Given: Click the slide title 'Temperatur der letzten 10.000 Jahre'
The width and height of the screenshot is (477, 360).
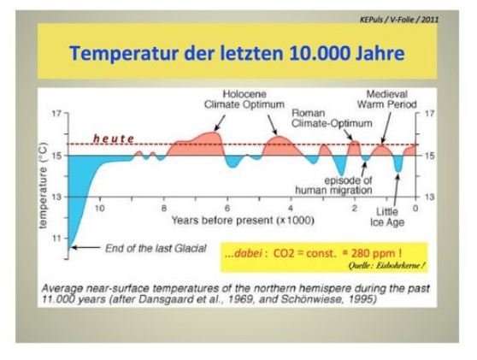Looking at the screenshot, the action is pos(237,53).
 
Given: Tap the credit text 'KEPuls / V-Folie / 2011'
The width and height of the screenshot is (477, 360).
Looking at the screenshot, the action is pos(399,20).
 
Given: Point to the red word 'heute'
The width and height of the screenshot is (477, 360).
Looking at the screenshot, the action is pos(113,139).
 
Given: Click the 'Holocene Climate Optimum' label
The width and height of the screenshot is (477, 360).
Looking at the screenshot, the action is pos(244,99).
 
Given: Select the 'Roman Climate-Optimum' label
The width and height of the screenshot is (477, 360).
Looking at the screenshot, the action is pos(332,118).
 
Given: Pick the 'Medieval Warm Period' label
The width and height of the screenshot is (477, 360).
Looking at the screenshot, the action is pos(386,99).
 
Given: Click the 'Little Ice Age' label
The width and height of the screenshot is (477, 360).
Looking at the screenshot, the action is pos(387,216).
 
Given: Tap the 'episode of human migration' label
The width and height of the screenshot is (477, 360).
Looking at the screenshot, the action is pos(333,186).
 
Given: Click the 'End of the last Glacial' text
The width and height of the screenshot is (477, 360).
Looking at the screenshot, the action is pos(156,248).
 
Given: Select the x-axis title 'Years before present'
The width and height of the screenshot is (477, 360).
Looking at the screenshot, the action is pos(243,220).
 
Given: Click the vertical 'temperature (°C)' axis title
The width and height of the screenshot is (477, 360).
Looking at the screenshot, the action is pos(44,185).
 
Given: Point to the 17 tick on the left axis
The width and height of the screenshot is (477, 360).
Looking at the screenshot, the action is pos(56,114).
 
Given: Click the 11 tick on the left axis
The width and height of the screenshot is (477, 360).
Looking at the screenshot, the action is pos(56,239).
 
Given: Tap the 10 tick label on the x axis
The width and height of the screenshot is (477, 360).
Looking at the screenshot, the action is pos(100,209).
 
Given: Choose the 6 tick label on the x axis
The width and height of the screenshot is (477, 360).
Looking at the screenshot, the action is pos(227,209).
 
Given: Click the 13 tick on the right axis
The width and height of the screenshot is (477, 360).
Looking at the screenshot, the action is pos(429,198).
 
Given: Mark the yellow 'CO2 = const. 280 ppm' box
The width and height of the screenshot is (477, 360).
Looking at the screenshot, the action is pos(324,257).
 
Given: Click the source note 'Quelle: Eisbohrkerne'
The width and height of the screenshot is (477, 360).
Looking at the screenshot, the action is pos(386,266).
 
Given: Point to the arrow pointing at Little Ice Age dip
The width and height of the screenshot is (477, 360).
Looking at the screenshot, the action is pos(396,190).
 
